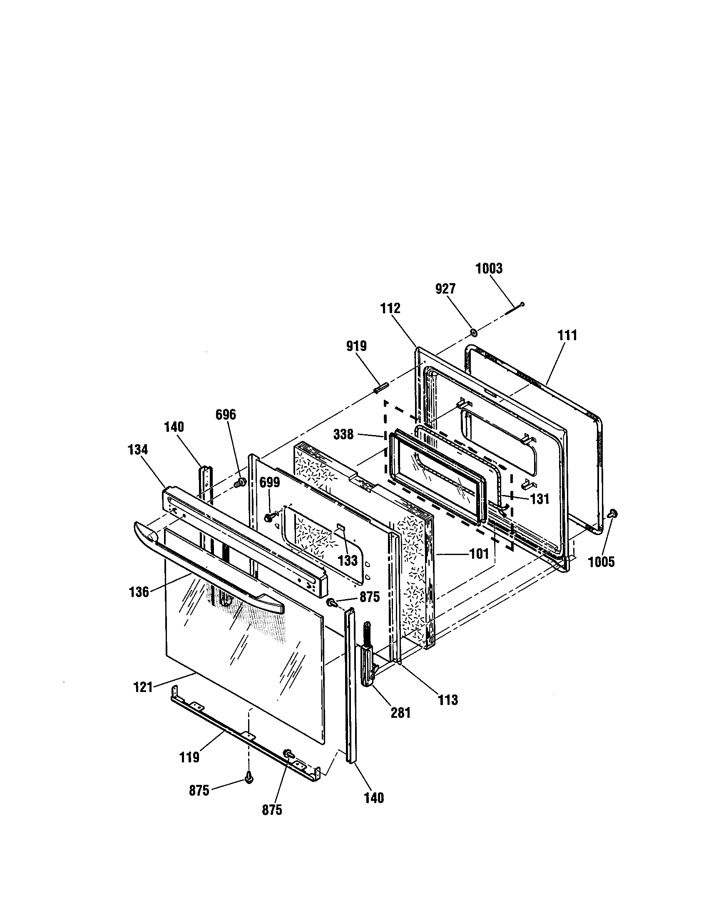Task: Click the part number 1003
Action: (488, 269)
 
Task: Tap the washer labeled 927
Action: (473, 333)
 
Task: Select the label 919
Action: (356, 346)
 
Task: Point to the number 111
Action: (567, 336)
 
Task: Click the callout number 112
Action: (390, 308)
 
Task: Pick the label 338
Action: (343, 435)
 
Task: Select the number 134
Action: (138, 450)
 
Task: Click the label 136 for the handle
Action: (139, 592)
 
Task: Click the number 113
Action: (448, 699)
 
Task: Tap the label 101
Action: (479, 554)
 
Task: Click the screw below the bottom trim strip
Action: (249, 779)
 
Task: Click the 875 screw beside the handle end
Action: (332, 603)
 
